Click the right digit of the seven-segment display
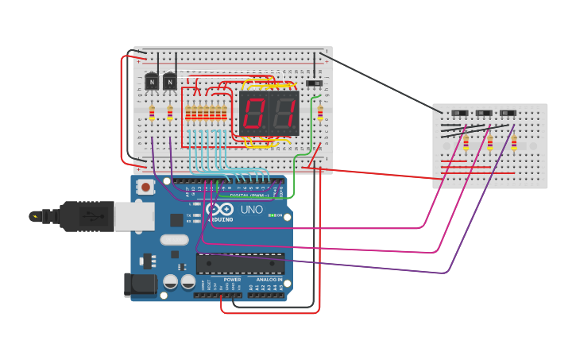point(284,114)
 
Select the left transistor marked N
point(152,82)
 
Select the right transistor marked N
point(169,82)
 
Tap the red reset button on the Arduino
point(146,188)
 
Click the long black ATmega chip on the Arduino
point(240,263)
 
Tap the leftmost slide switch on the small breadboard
point(460,113)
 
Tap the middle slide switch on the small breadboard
point(484,113)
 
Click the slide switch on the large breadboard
point(315,83)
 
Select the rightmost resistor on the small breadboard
point(514,143)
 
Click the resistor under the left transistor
point(152,113)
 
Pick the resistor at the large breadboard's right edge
point(320,113)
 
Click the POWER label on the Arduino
point(232,280)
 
